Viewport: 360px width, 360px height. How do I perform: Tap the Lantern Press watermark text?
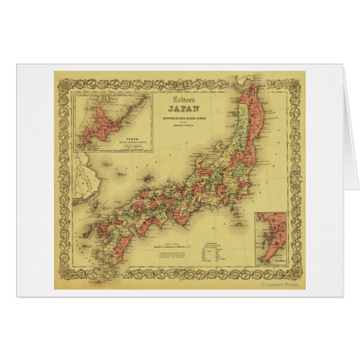point(280,285)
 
